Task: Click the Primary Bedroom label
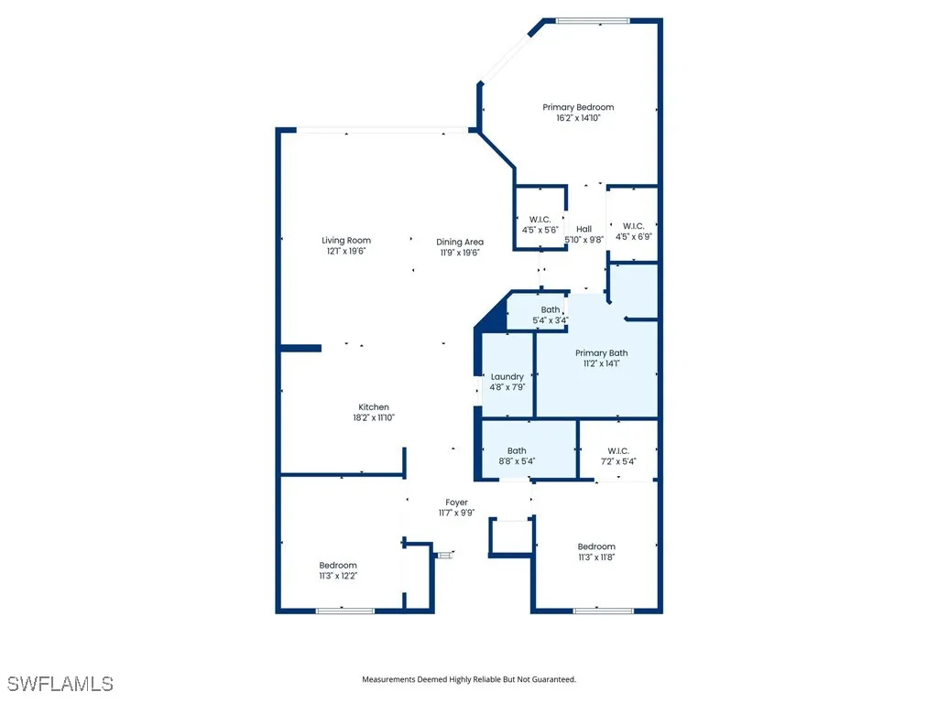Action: pyautogui.click(x=584, y=107)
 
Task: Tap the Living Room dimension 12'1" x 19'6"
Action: pyautogui.click(x=346, y=252)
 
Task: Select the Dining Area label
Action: pyautogui.click(x=459, y=242)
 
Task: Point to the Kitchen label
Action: pyautogui.click(x=374, y=407)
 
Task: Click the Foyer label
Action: pyautogui.click(x=456, y=503)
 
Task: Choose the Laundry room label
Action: pyautogui.click(x=507, y=376)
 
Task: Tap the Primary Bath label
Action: pyautogui.click(x=602, y=352)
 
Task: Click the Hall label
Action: pyautogui.click(x=584, y=229)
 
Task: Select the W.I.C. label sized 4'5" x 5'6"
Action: pyautogui.click(x=540, y=219)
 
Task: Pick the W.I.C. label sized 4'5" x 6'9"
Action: pyautogui.click(x=633, y=226)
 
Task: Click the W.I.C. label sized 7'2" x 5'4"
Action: pyautogui.click(x=618, y=450)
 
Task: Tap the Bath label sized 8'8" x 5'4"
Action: pyautogui.click(x=518, y=450)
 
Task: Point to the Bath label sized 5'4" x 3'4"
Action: pyautogui.click(x=550, y=309)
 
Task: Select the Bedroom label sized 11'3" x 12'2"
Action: pyautogui.click(x=338, y=565)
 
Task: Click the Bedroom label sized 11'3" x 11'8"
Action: pyautogui.click(x=596, y=546)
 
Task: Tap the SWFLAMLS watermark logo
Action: pyautogui.click(x=60, y=684)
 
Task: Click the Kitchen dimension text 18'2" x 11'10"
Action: pyautogui.click(x=374, y=418)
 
